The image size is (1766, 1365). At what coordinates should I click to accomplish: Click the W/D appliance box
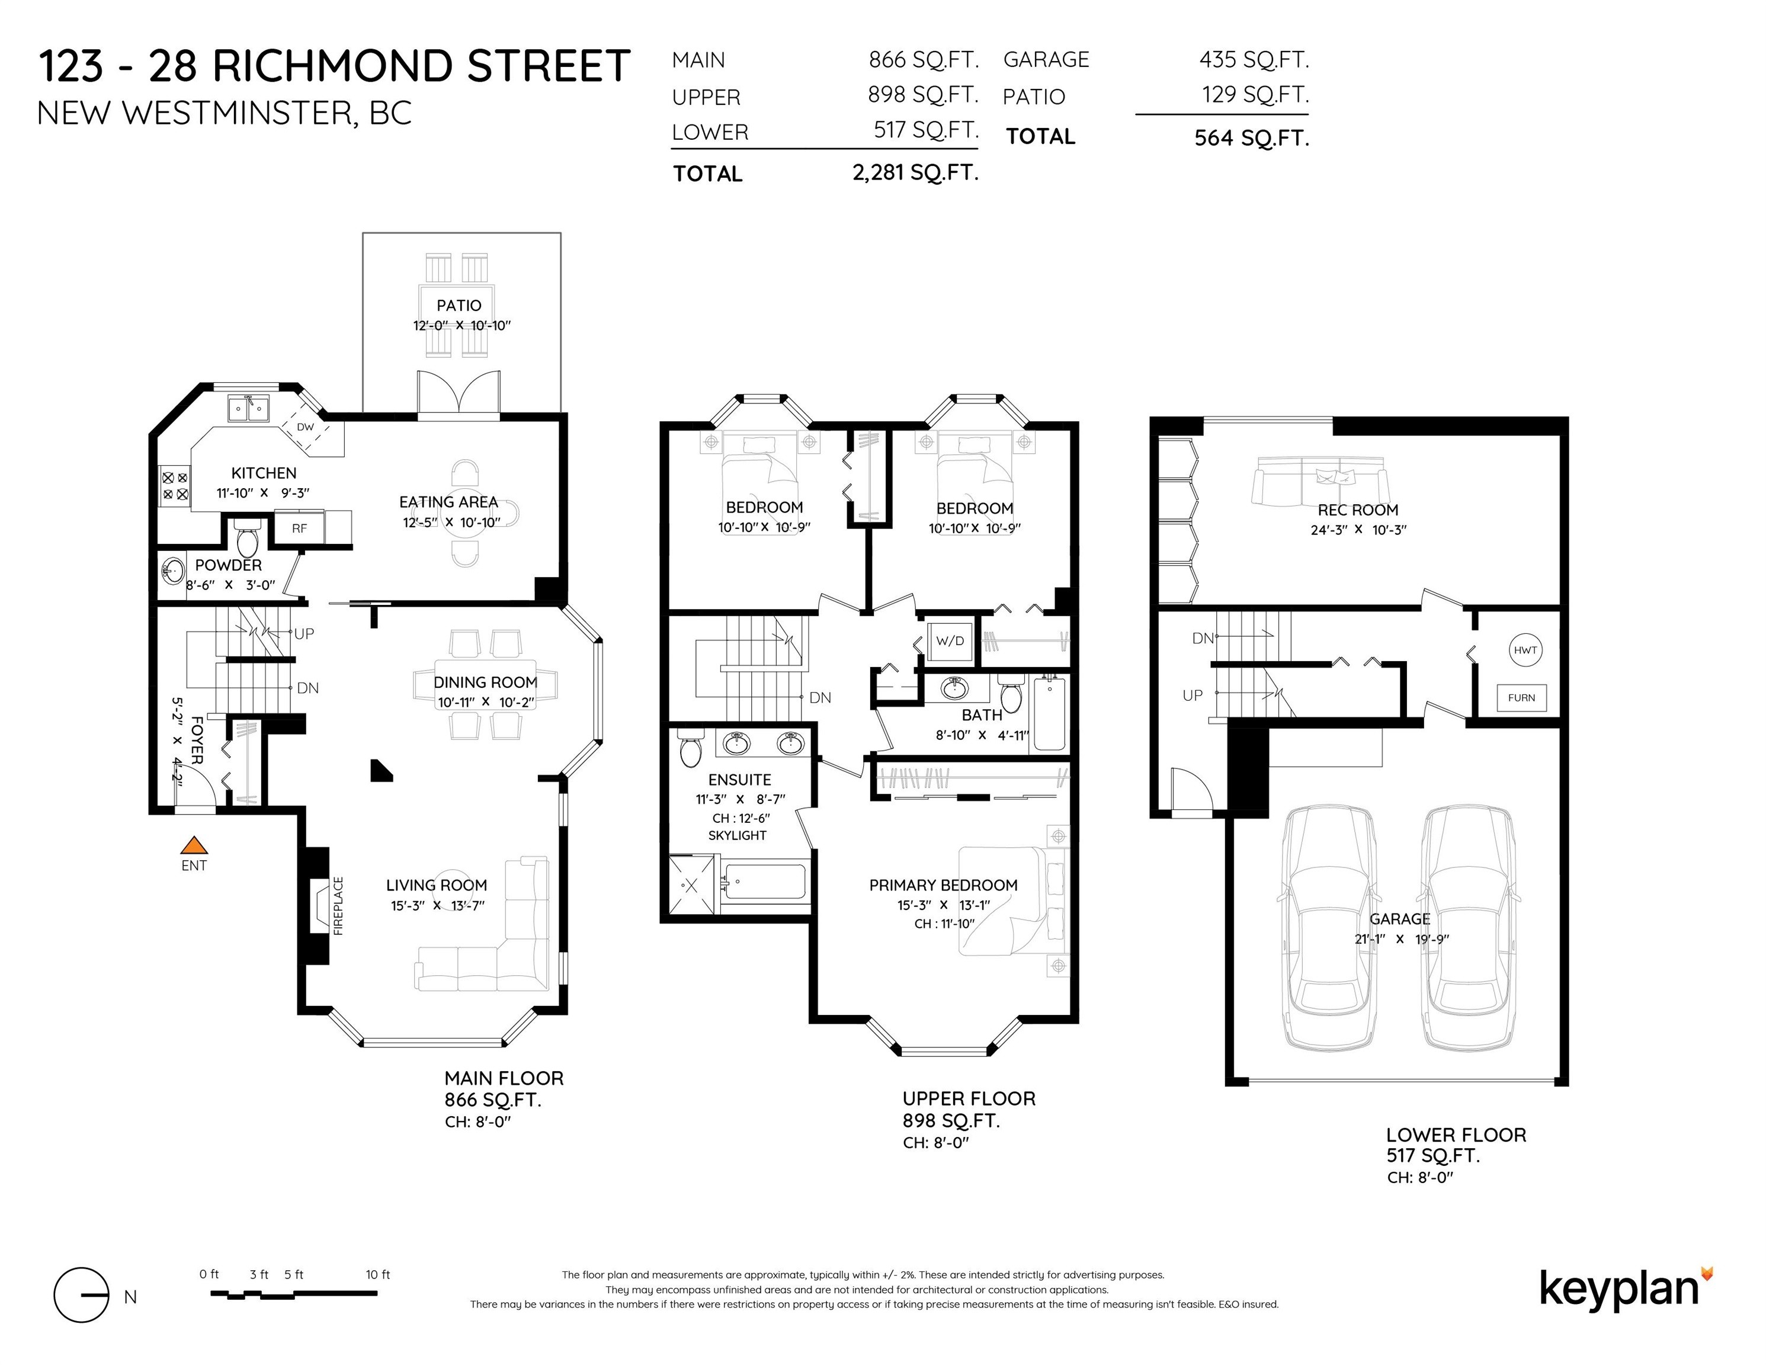950,641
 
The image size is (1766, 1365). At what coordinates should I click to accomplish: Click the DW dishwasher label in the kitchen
305,427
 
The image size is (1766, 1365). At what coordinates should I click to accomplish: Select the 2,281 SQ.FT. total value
915,173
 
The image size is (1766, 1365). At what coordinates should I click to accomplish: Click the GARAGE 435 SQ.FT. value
1254,59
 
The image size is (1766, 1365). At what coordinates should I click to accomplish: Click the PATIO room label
459,305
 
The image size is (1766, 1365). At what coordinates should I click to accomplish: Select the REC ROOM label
1358,510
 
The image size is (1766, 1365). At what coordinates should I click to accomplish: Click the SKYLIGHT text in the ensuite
738,835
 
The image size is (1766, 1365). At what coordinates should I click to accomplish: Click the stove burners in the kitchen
175,486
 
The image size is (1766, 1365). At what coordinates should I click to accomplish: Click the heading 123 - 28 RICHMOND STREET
334,66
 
